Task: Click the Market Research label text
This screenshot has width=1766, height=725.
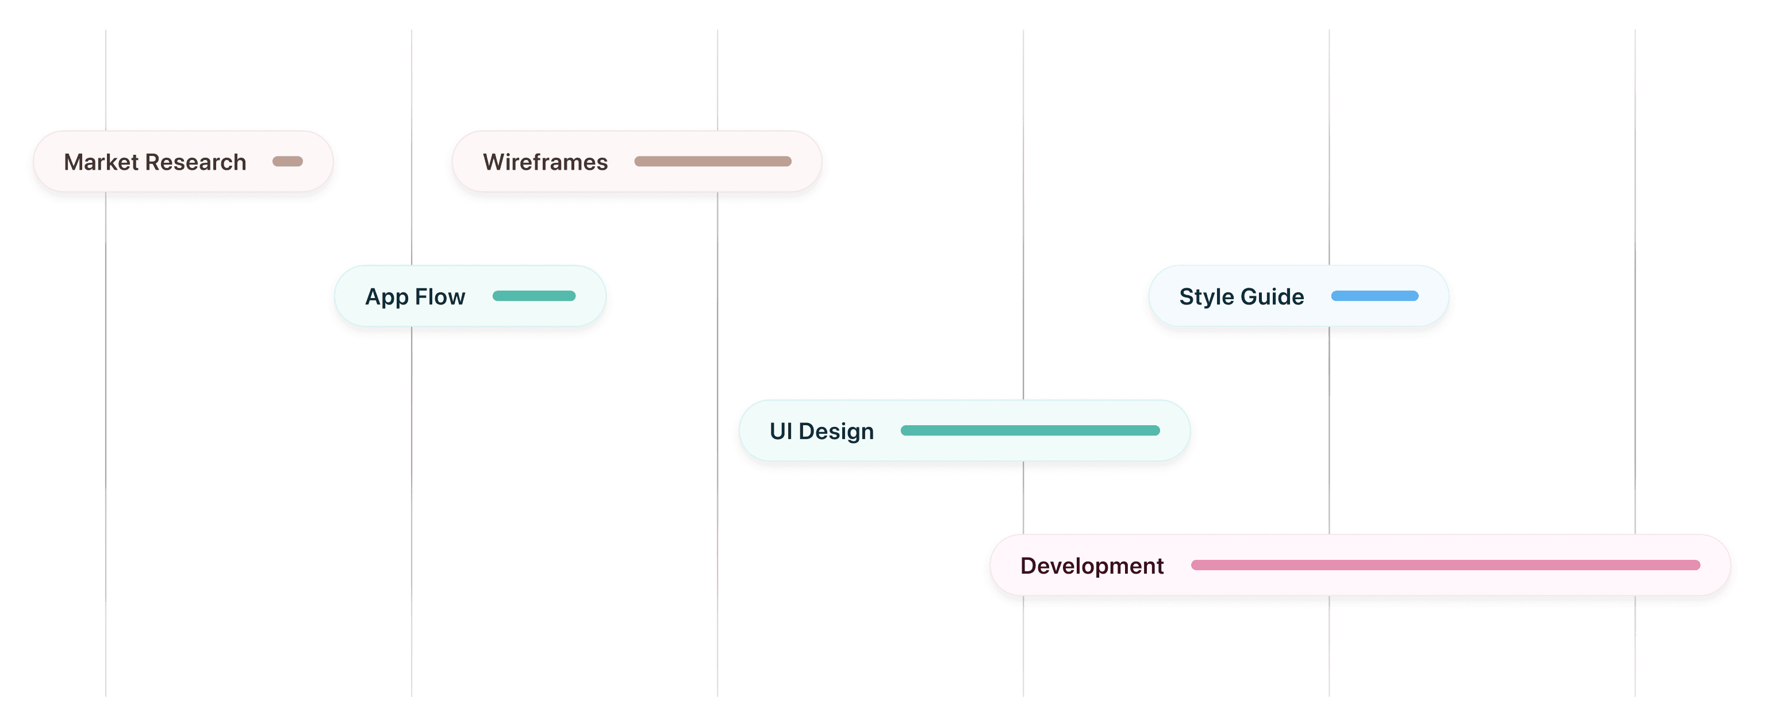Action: point(155,162)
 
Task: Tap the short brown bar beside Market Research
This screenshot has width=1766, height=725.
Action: point(287,162)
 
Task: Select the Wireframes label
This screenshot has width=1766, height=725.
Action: point(545,162)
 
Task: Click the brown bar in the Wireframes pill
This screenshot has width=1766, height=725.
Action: point(713,162)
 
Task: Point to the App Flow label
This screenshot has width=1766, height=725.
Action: point(414,297)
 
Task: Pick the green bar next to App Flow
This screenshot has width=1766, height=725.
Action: point(534,296)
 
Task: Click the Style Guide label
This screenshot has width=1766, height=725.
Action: point(1242,296)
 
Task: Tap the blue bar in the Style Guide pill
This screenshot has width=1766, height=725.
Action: point(1375,296)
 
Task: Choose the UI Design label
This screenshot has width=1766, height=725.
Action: point(821,432)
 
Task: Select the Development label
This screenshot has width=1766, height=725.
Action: point(1092,566)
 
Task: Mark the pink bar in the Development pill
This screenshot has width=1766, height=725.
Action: point(1446,565)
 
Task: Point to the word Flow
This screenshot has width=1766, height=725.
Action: point(440,296)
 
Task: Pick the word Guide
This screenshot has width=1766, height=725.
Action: point(1272,296)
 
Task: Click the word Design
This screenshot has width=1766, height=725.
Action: point(836,432)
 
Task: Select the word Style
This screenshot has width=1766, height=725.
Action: point(1207,297)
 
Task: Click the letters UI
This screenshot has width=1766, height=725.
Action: point(781,431)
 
